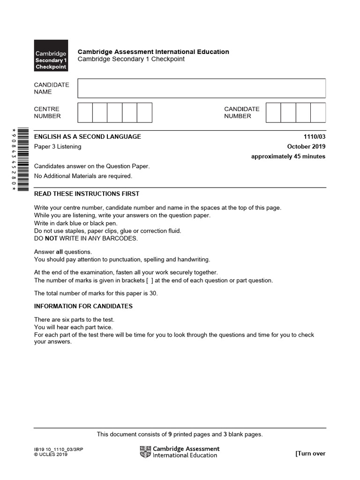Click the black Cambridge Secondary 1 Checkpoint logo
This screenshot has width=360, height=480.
tap(51, 55)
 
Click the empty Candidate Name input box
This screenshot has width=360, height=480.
tap(202, 88)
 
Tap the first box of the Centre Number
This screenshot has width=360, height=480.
tap(85, 112)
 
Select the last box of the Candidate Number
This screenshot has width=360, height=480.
tap(318, 112)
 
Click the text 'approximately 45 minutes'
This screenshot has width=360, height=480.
tap(288, 157)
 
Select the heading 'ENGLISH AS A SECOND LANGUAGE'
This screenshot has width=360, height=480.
tap(87, 137)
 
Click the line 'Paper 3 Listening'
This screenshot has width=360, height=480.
tap(58, 147)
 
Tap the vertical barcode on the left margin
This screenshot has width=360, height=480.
tap(13, 158)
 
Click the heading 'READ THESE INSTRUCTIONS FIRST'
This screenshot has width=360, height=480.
tap(87, 194)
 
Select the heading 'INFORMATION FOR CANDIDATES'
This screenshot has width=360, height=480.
tap(83, 307)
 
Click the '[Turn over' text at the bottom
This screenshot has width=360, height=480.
tap(310, 453)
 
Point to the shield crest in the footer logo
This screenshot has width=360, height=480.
tap(145, 452)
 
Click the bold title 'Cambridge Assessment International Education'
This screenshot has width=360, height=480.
tap(153, 52)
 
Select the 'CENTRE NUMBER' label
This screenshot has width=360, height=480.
tap(47, 112)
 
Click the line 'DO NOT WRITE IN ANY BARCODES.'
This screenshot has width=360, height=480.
tap(86, 238)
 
